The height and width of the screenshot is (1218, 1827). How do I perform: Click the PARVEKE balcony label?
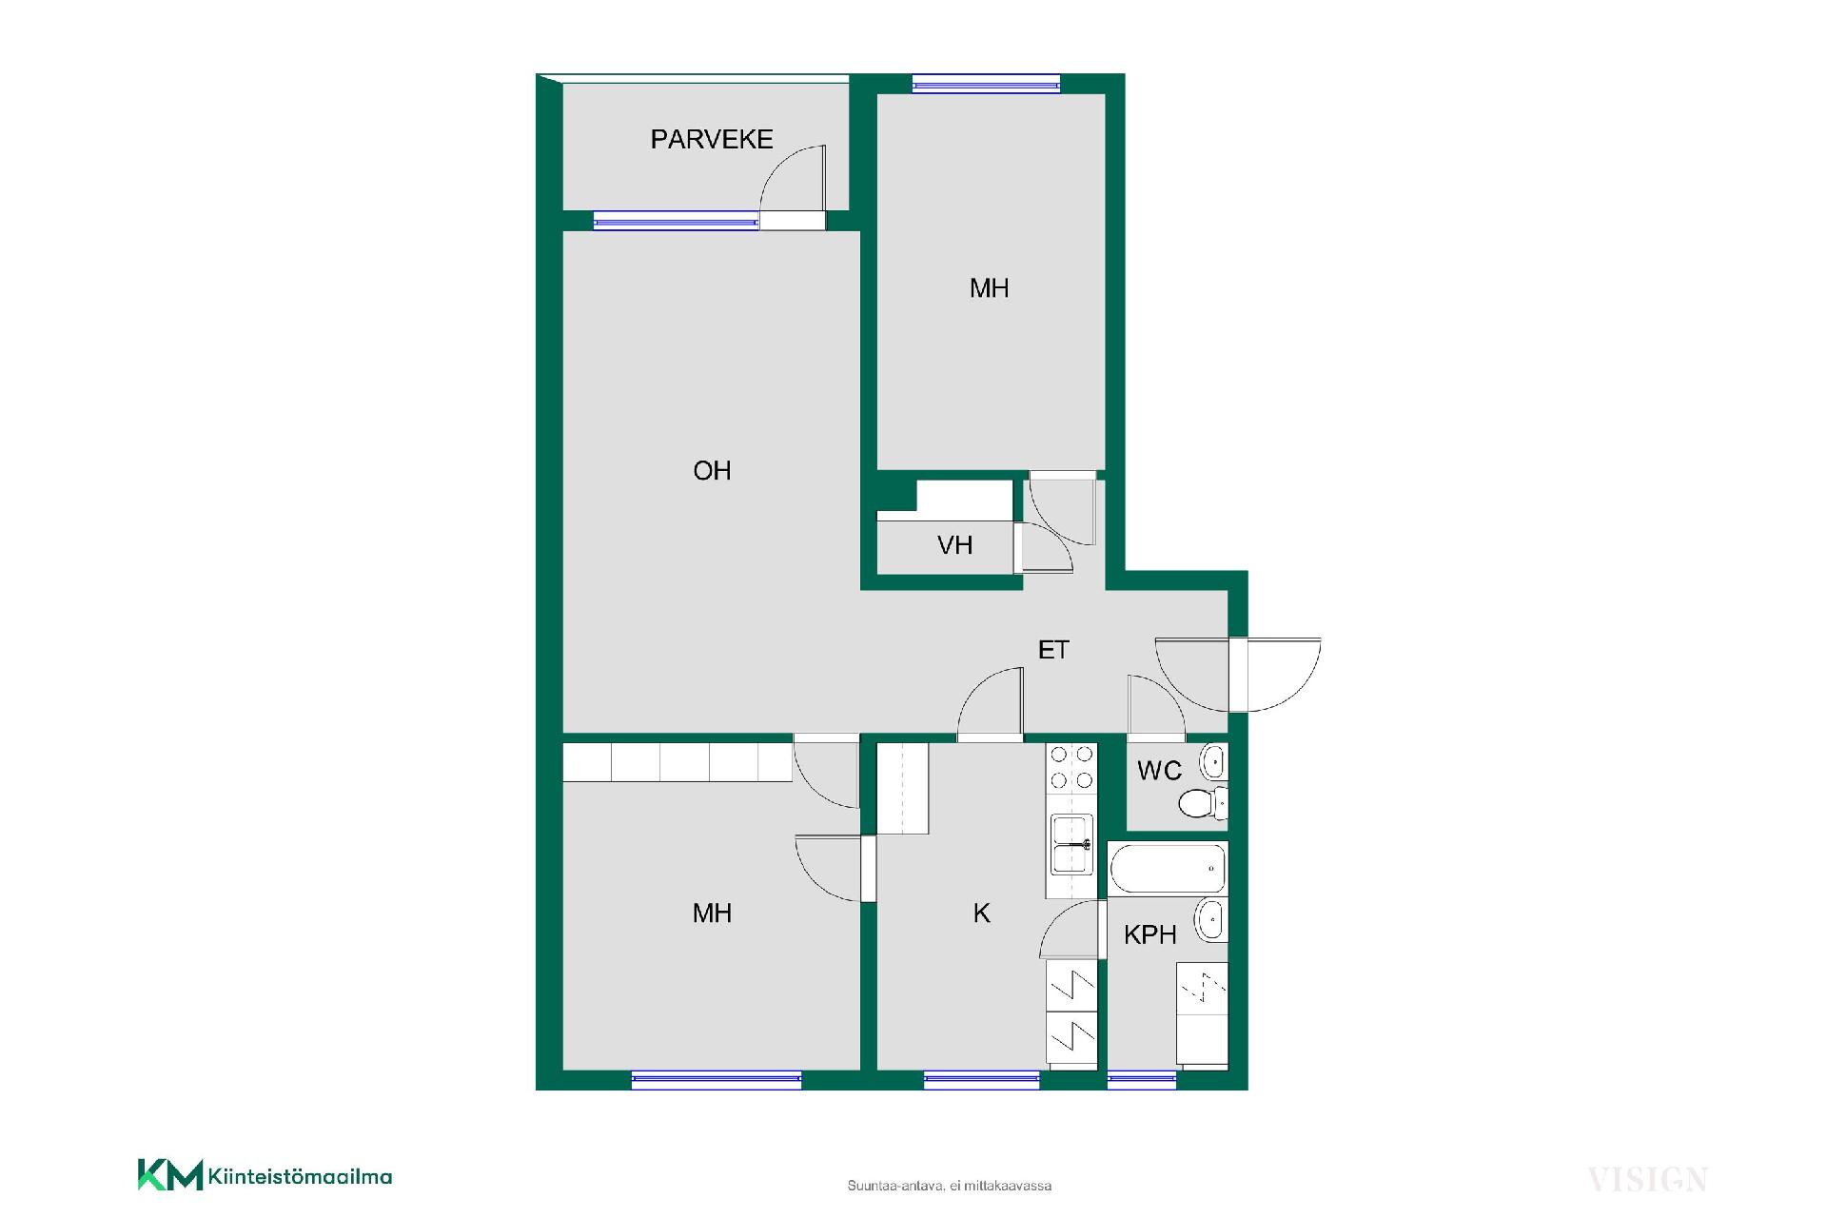(x=712, y=140)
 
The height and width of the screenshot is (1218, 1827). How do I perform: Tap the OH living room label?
(x=712, y=470)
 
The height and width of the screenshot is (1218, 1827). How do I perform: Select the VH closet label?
(x=954, y=545)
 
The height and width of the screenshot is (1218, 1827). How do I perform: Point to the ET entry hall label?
(x=1053, y=650)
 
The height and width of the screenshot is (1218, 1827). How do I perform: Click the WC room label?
(x=1159, y=771)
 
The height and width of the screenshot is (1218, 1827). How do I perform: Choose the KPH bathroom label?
(x=1150, y=935)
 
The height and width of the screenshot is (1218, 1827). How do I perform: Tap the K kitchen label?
(x=982, y=913)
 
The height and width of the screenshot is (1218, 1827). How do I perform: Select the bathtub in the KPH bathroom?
(x=1169, y=869)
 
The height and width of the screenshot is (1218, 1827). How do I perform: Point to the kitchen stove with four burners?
(x=1071, y=768)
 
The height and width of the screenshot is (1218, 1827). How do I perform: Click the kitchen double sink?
(x=1071, y=844)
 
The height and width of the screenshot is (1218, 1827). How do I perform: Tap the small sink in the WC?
(x=1213, y=762)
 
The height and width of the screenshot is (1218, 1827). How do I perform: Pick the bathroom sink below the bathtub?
(x=1211, y=920)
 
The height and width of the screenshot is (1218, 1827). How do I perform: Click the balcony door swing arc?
(x=783, y=166)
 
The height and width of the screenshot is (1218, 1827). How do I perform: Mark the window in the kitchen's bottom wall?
(x=981, y=1079)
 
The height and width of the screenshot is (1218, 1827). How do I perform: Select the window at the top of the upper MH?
(x=986, y=84)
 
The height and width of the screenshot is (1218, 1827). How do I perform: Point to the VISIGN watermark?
(x=1647, y=1180)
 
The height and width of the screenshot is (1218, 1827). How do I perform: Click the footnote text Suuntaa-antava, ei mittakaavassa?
(x=950, y=1186)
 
